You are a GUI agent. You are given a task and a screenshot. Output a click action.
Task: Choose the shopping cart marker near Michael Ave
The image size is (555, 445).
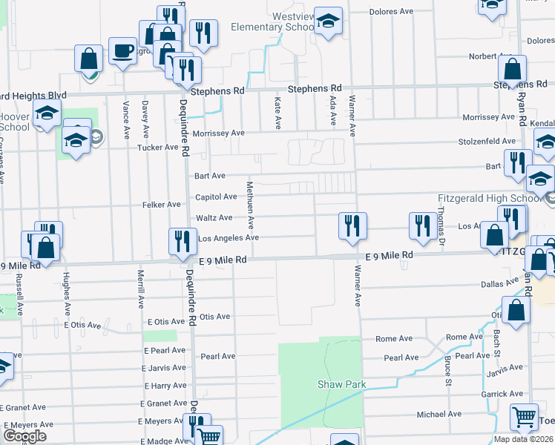coord(524,418)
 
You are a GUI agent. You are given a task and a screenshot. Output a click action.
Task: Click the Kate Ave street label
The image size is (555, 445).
coord(278,110)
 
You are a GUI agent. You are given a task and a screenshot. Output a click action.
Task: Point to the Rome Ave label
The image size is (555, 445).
coord(393,339)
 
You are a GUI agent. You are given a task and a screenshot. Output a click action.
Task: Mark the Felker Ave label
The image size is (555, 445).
coord(162,205)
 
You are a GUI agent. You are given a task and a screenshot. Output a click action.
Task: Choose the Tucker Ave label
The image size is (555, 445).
coord(159,148)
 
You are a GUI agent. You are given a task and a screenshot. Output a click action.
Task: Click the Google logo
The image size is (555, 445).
coord(25,435)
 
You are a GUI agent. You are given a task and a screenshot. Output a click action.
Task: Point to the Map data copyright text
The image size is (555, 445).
coord(523,439)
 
